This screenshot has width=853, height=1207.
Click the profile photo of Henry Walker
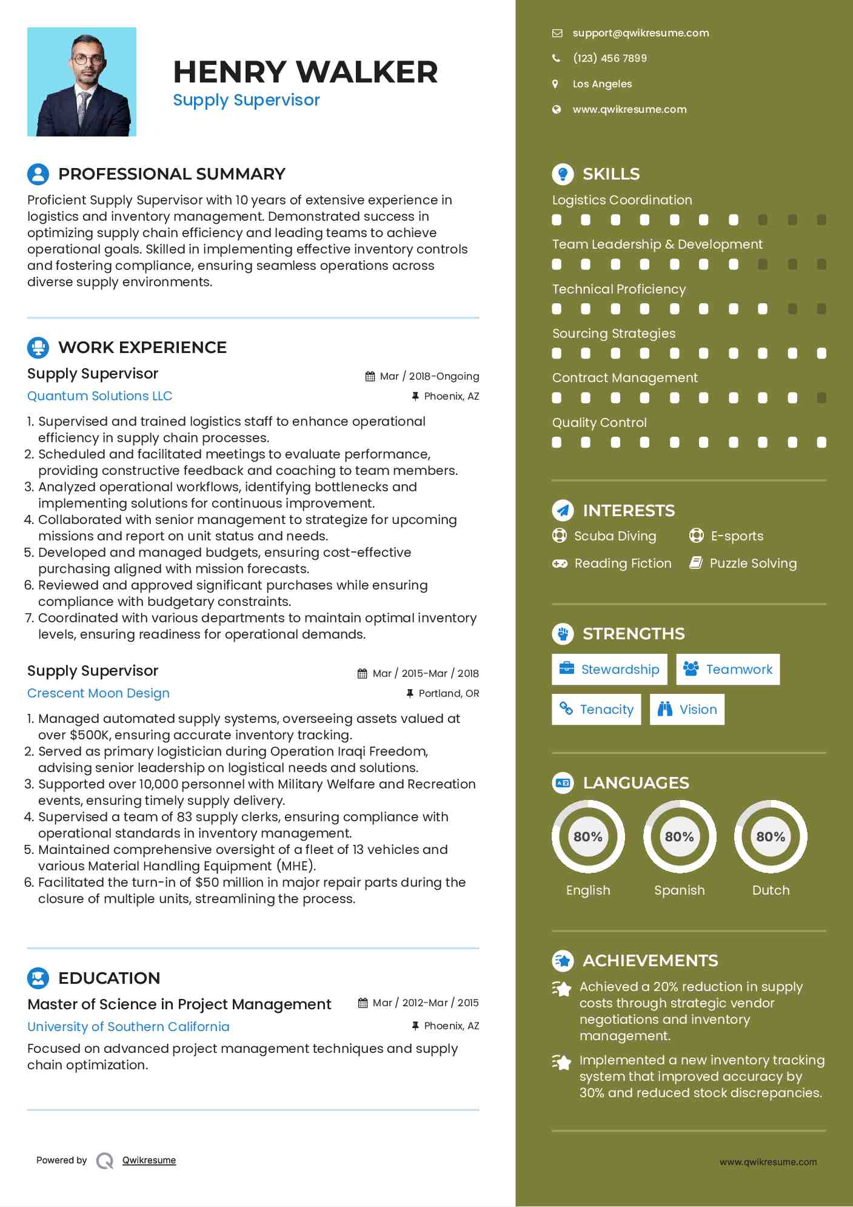pos(82,82)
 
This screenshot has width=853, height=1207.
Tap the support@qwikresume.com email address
pos(640,33)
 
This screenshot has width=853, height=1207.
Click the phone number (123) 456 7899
pos(609,58)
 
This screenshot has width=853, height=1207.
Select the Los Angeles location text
pos(602,84)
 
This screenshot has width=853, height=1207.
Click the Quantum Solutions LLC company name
pos(99,396)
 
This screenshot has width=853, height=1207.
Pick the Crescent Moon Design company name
pos(98,693)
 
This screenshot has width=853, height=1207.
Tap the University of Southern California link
pos(129,1027)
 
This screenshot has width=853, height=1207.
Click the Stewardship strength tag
pos(609,670)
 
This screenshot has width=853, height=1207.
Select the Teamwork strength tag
pos(728,670)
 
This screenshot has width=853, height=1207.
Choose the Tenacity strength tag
pos(596,710)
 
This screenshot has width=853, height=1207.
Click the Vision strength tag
pos(687,710)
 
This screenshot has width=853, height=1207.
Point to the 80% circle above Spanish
pos(680,837)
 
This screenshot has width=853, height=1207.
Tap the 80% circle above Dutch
pos(771,837)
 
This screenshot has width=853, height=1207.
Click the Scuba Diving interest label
pos(615,536)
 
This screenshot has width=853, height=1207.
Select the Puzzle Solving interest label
pos(753,563)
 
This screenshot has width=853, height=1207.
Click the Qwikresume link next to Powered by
pos(149,1160)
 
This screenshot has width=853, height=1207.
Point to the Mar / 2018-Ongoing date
pos(429,376)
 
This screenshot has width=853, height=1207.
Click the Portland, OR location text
pos(449,693)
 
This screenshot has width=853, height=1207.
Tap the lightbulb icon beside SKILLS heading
pos(563,174)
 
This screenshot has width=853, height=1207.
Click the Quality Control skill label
pos(599,423)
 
